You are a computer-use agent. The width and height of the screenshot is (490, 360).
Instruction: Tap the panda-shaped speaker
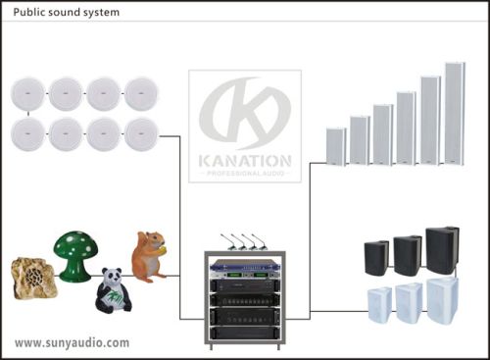pos(113,291)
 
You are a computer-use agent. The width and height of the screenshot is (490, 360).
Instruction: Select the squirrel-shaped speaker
pos(148,257)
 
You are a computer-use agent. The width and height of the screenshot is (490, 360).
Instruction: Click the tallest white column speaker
pos(455,113)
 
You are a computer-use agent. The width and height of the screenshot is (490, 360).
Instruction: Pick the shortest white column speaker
pos(336,146)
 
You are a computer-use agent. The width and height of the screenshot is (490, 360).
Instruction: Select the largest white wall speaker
pos(441,298)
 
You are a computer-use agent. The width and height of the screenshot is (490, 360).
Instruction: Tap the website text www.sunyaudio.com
pos(72,343)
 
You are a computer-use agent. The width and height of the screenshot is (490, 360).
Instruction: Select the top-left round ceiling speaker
pos(29,94)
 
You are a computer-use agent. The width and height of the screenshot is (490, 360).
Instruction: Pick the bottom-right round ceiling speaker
pos(142,133)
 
